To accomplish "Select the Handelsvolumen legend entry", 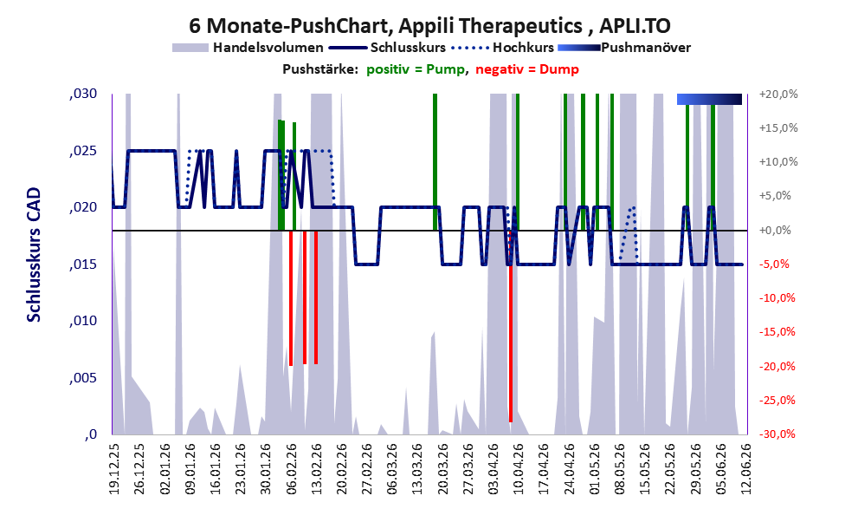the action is click(248, 48).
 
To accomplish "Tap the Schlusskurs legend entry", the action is click(388, 48).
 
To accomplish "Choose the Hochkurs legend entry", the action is click(503, 48).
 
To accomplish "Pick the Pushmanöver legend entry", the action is click(624, 48).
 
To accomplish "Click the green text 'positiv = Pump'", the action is click(416, 69).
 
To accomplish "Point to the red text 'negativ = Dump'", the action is click(527, 69).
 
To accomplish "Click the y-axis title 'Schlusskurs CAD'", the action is click(34, 255).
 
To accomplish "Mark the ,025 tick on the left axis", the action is click(83, 151).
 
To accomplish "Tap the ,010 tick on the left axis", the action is click(83, 321).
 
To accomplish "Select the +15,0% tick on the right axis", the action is click(778, 127).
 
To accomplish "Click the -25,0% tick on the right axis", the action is click(777, 400).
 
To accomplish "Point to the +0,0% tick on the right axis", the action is click(775, 230).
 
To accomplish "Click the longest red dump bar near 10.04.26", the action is click(511, 326).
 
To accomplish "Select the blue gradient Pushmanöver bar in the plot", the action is click(709, 99).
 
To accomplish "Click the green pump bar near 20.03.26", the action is click(435, 162).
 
